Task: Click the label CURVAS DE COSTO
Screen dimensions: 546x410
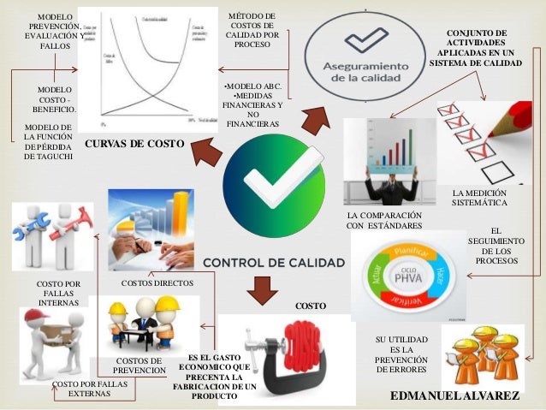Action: pyautogui.click(x=134, y=145)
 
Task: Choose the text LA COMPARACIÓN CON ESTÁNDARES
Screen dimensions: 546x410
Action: pyautogui.click(x=385, y=220)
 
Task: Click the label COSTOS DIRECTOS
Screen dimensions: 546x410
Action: pyautogui.click(x=157, y=282)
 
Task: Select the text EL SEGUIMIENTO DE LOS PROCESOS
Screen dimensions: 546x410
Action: pyautogui.click(x=496, y=246)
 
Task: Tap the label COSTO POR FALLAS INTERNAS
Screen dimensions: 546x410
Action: pyautogui.click(x=59, y=293)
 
